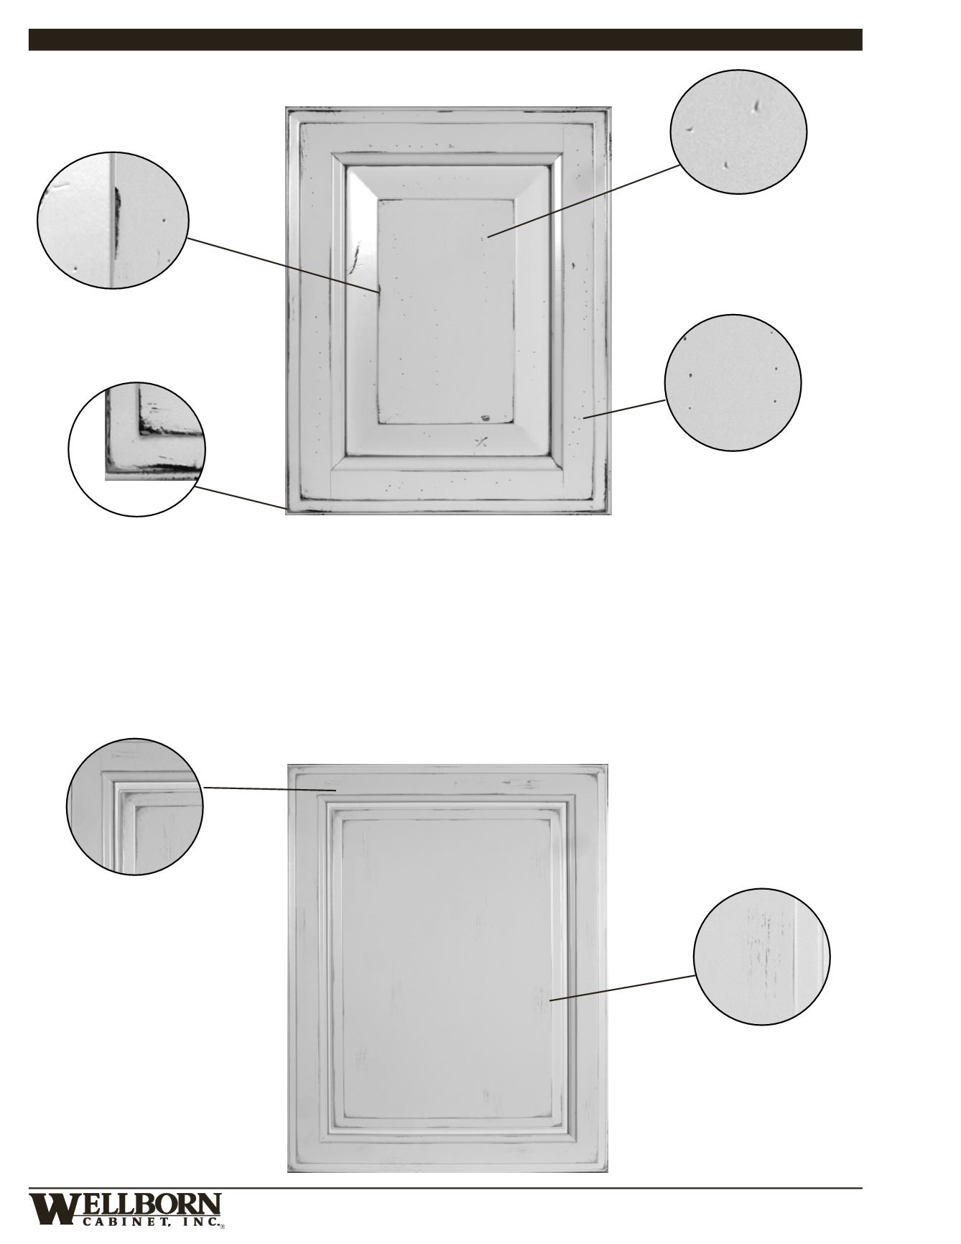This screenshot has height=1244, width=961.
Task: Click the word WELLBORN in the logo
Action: coord(125,1206)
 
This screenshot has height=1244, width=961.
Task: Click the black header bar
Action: coord(445,40)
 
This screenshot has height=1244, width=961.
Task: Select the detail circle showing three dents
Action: coord(738,132)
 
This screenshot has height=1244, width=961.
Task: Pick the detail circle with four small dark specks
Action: coord(733,382)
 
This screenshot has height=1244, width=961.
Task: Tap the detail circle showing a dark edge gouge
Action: coord(113,221)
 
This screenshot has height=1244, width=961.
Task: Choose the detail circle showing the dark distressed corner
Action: coord(136,449)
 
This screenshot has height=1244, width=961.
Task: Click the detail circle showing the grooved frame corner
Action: coord(134,806)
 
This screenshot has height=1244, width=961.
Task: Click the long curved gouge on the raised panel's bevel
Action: coord(354,258)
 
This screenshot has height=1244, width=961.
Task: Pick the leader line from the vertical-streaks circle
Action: coord(623,987)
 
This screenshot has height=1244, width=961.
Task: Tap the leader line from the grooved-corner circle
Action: coord(270,789)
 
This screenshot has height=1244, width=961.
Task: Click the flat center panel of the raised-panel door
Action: coord(445,311)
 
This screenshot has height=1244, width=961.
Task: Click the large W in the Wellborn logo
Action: coord(52,1208)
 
